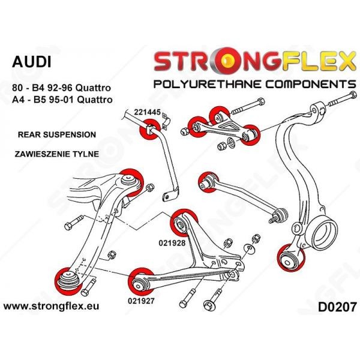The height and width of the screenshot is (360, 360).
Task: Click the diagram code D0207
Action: point(332,307)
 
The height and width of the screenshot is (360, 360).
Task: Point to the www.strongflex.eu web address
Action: point(52,307)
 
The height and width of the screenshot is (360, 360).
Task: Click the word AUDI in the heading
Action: point(32,62)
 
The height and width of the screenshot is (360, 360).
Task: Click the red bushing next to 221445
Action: point(148,131)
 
